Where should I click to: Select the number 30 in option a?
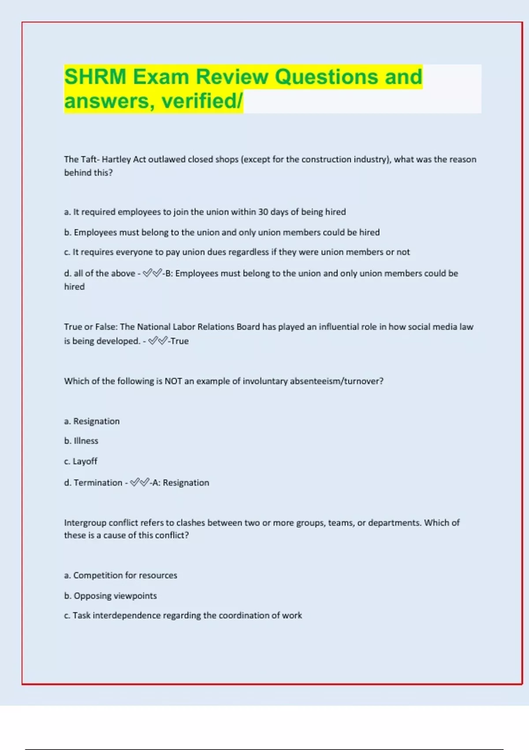pos(263,212)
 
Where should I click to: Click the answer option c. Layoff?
pos(81,461)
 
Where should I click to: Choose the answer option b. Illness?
pos(81,441)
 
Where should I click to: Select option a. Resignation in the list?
pos(92,421)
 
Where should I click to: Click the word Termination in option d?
pos(98,483)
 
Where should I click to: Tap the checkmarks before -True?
pos(158,341)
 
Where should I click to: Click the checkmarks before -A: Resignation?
pos(140,482)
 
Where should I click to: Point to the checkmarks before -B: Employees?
pos(153,273)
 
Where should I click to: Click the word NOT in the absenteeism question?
pos(173,381)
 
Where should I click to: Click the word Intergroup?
pos(85,523)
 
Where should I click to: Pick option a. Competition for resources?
pos(120,575)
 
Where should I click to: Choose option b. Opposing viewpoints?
pos(110,596)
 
